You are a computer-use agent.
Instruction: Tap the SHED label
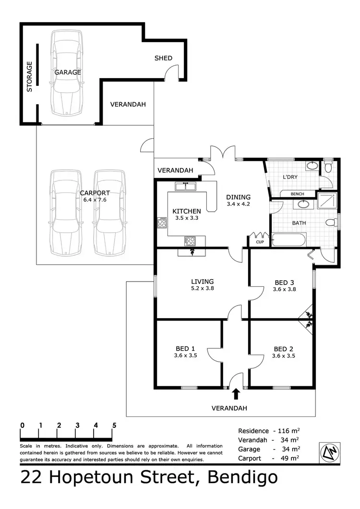[163, 58]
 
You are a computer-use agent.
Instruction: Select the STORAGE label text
[29, 77]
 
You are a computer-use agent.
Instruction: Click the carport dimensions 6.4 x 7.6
[95, 200]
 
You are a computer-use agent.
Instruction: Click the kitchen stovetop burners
[190, 240]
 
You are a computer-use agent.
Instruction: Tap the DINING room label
[239, 197]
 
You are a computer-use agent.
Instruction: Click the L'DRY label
[290, 177]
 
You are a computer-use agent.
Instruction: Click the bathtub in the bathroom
[288, 240]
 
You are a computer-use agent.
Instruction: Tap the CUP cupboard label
[260, 242]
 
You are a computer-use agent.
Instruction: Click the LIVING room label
[202, 282]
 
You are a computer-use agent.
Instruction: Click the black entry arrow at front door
[236, 394]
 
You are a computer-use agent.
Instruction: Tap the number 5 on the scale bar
[114, 425]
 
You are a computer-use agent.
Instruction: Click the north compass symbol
[330, 452]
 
